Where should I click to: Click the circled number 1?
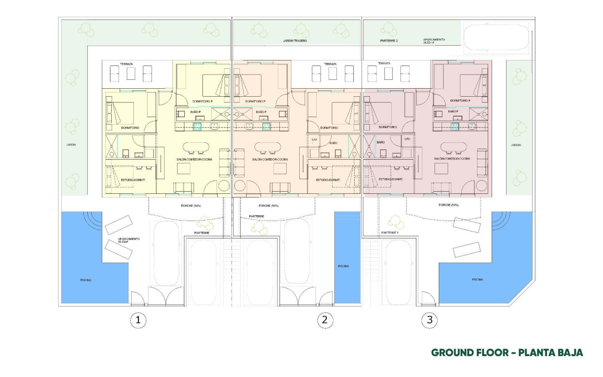point(138,320)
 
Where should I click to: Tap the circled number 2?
point(325,320)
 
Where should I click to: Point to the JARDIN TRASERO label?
point(295,40)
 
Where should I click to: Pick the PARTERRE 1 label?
point(390,232)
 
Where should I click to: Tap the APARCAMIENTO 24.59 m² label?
point(434,41)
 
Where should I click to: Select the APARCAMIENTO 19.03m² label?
point(129,240)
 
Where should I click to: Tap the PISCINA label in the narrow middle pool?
point(344,266)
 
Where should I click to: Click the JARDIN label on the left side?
point(71,145)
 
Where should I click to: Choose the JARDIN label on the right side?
point(515,145)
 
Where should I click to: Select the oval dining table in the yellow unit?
point(196,146)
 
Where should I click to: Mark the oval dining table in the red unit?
point(453,146)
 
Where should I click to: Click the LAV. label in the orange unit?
point(314,139)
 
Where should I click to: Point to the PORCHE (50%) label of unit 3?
point(448,205)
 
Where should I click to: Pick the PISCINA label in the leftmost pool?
point(86,280)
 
